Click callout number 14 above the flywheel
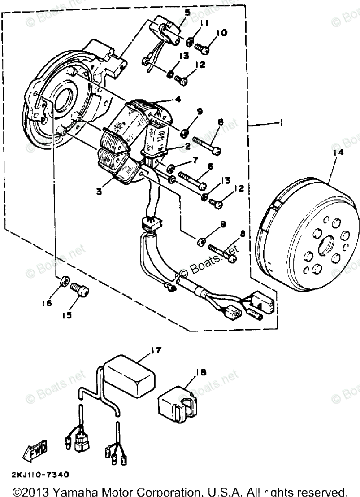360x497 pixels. coord(338,153)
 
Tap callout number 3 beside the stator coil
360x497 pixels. coord(99,192)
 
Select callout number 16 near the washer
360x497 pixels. coord(48,303)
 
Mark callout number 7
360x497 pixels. coord(195,160)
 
